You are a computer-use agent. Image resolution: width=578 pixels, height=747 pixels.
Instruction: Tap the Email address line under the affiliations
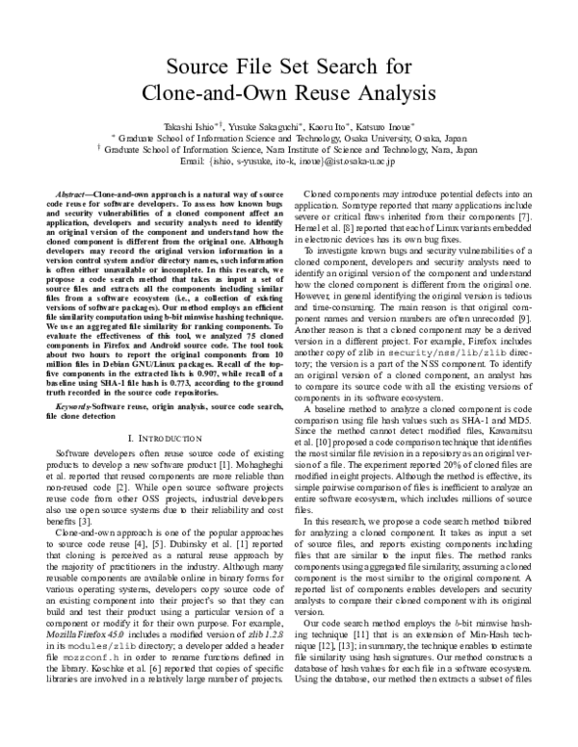[288, 162]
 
